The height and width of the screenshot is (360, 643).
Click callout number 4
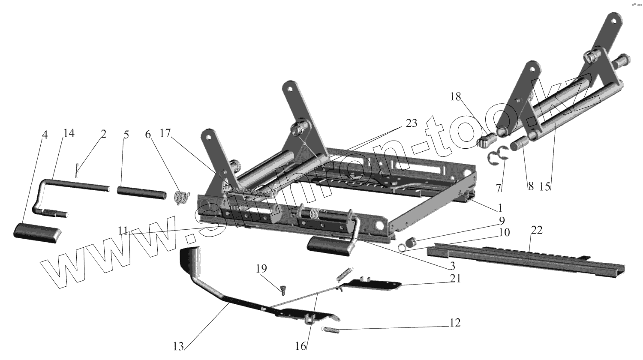pos(45,134)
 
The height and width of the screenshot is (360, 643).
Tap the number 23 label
pos(411,124)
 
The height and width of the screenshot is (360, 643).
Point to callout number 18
pos(455,97)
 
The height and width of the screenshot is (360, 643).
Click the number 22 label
pos(536,230)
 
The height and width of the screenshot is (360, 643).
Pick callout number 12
pos(455,322)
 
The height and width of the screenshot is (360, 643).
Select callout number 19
pos(261,269)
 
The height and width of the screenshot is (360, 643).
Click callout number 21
pos(455,279)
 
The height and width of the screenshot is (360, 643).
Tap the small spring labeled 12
pos(331,330)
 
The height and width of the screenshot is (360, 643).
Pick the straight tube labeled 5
pos(141,192)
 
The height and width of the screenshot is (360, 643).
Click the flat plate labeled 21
pos(373,284)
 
